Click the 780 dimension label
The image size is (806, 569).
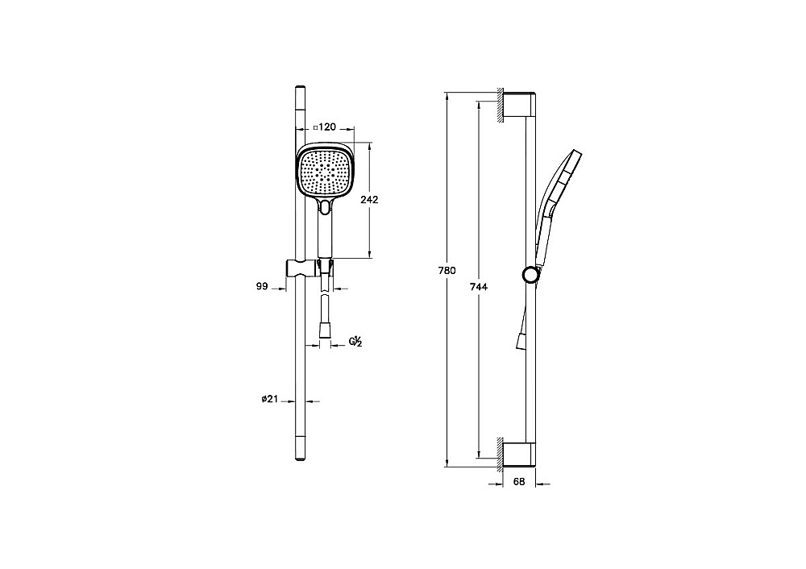pos(447,271)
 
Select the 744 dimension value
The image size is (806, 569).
pos(479,287)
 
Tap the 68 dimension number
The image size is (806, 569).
pos(519,482)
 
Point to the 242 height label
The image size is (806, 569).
pos(369,199)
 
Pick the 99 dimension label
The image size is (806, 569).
pos(262,286)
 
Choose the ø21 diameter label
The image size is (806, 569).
pos(269,398)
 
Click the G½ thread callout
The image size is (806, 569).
pos(355,342)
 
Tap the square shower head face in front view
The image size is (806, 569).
pos(326,171)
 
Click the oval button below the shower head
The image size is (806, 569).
pos(325,206)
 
